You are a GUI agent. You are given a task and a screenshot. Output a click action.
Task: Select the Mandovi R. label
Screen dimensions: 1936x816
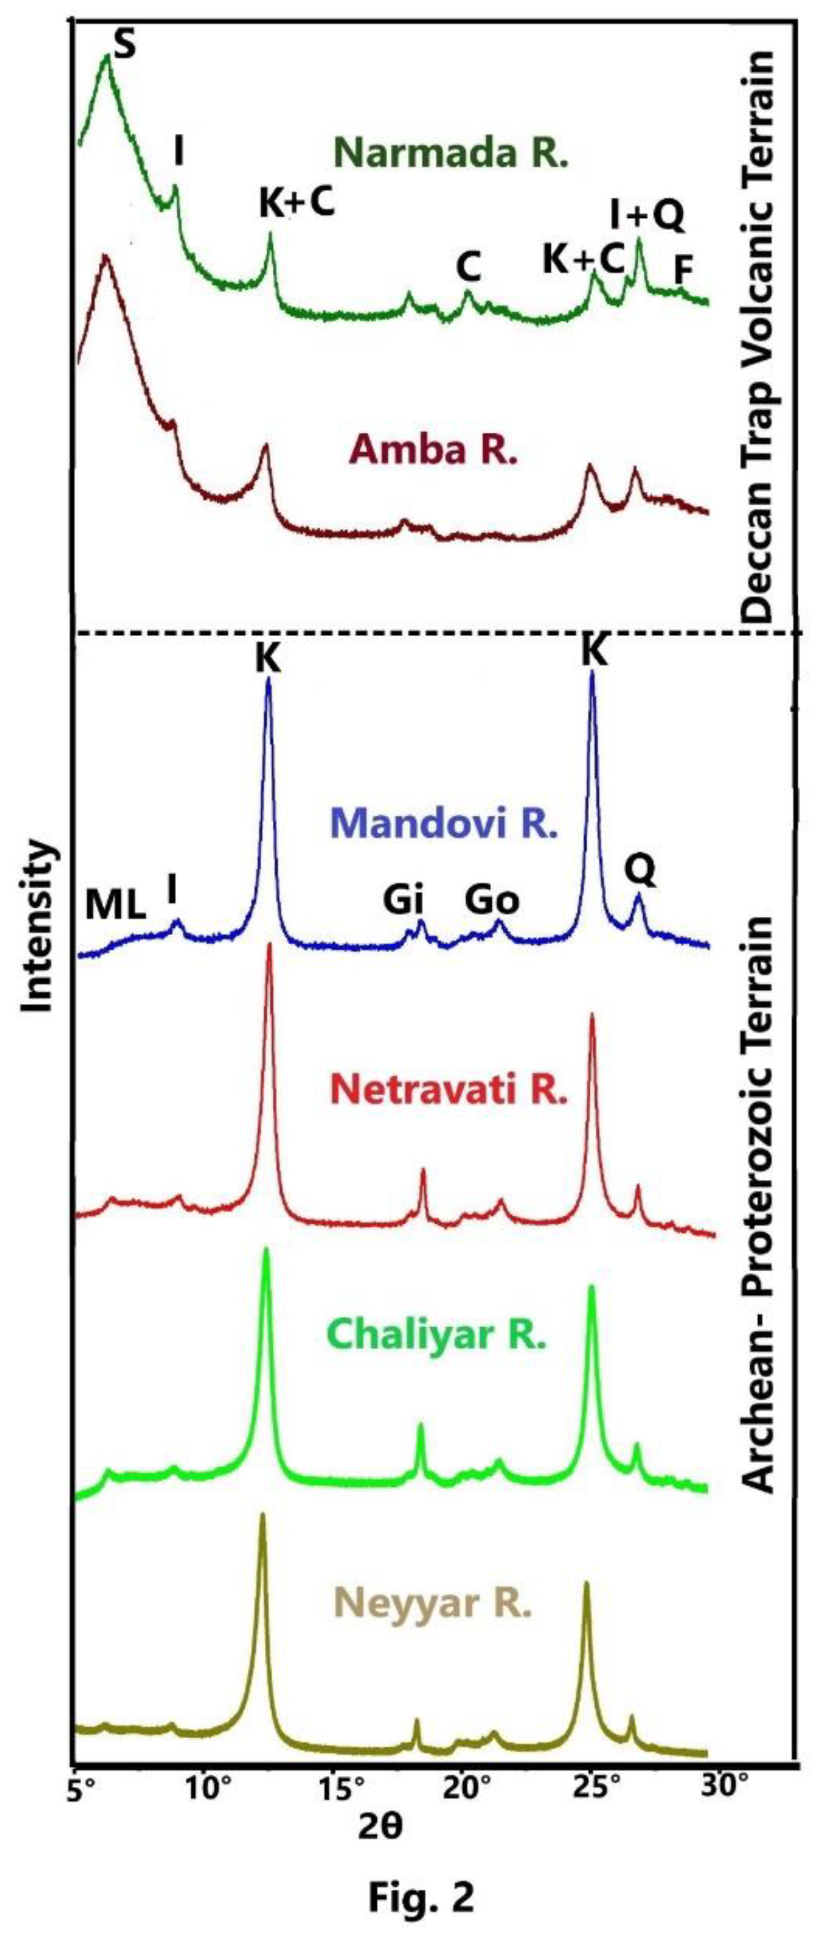[444, 824]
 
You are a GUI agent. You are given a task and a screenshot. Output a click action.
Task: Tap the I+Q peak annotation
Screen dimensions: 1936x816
[647, 215]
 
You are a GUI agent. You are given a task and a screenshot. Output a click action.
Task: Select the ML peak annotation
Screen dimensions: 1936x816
[115, 907]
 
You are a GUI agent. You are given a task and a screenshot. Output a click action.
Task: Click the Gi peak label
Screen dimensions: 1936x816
[404, 900]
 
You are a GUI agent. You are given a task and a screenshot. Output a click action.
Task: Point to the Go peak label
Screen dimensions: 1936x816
[492, 900]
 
